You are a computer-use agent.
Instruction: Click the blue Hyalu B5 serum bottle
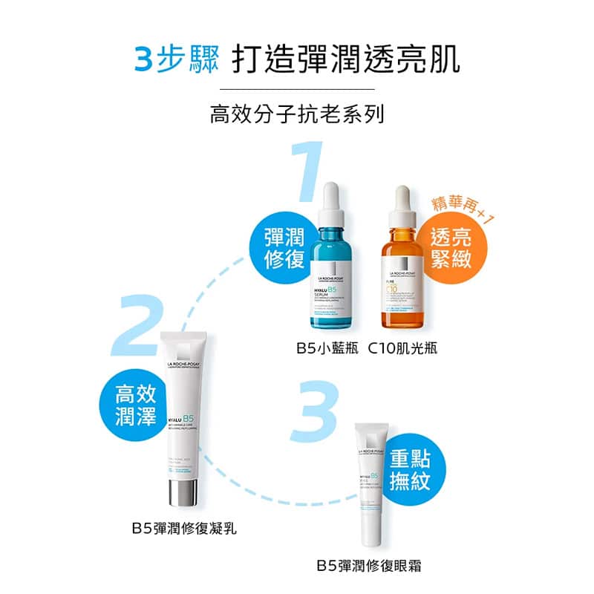[338, 290]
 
